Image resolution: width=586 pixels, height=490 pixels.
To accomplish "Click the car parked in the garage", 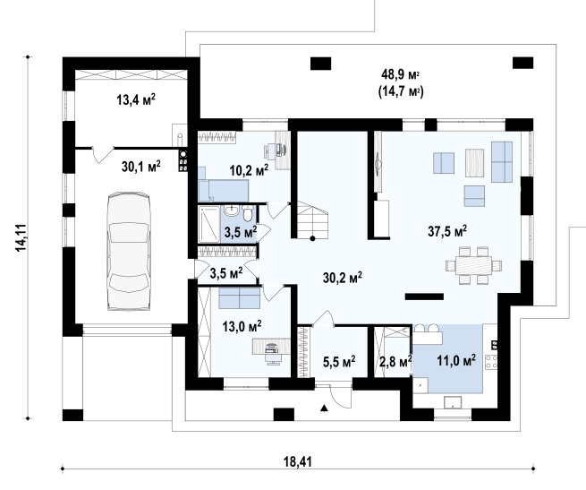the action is click(x=129, y=252).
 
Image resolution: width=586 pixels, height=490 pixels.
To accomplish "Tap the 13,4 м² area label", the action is click(x=136, y=99).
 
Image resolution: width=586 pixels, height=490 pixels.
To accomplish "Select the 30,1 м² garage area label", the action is click(x=140, y=166).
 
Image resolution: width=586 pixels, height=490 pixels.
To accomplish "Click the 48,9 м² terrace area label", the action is click(x=400, y=74).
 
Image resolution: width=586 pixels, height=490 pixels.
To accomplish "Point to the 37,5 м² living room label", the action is click(x=447, y=231).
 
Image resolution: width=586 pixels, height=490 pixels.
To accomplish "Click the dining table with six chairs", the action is click(x=474, y=265).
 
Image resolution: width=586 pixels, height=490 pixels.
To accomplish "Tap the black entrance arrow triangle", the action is click(x=325, y=408).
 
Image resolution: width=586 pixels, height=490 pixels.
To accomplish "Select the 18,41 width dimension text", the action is click(x=298, y=461).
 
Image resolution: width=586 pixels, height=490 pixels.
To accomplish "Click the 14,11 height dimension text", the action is click(x=21, y=237).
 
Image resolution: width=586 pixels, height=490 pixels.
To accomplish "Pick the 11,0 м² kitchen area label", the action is click(x=456, y=360).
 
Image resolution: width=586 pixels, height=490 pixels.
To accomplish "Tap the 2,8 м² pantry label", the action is click(x=395, y=362).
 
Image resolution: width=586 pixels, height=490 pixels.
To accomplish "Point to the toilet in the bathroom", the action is click(x=248, y=212).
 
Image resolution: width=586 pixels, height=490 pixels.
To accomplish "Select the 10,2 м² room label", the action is click(x=249, y=171).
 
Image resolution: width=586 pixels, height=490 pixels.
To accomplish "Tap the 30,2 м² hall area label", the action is click(x=343, y=278).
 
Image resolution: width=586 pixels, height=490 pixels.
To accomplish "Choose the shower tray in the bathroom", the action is click(x=209, y=224).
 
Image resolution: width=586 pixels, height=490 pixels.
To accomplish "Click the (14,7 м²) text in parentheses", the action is click(x=401, y=91).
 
